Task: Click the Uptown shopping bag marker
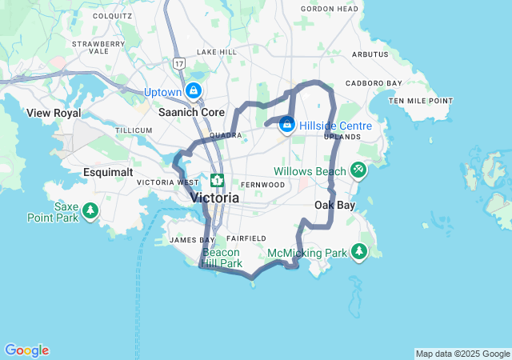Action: [x=194, y=91]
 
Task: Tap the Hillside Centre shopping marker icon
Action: [x=287, y=126]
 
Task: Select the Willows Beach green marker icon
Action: [x=358, y=170]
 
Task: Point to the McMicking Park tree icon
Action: [x=359, y=253]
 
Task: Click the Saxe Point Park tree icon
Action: [x=91, y=211]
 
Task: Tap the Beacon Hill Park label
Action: [x=221, y=258]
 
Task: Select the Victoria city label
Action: [x=214, y=197]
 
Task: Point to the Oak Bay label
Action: [x=334, y=205]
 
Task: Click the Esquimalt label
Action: [x=109, y=172]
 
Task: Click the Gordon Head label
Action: [x=330, y=9]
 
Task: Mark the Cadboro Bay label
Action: [x=374, y=82]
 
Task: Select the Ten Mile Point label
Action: [x=421, y=101]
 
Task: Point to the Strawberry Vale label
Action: [x=98, y=46]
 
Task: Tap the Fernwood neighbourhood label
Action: [x=263, y=184]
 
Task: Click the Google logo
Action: [x=26, y=350]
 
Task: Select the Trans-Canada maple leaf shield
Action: [x=217, y=179]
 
